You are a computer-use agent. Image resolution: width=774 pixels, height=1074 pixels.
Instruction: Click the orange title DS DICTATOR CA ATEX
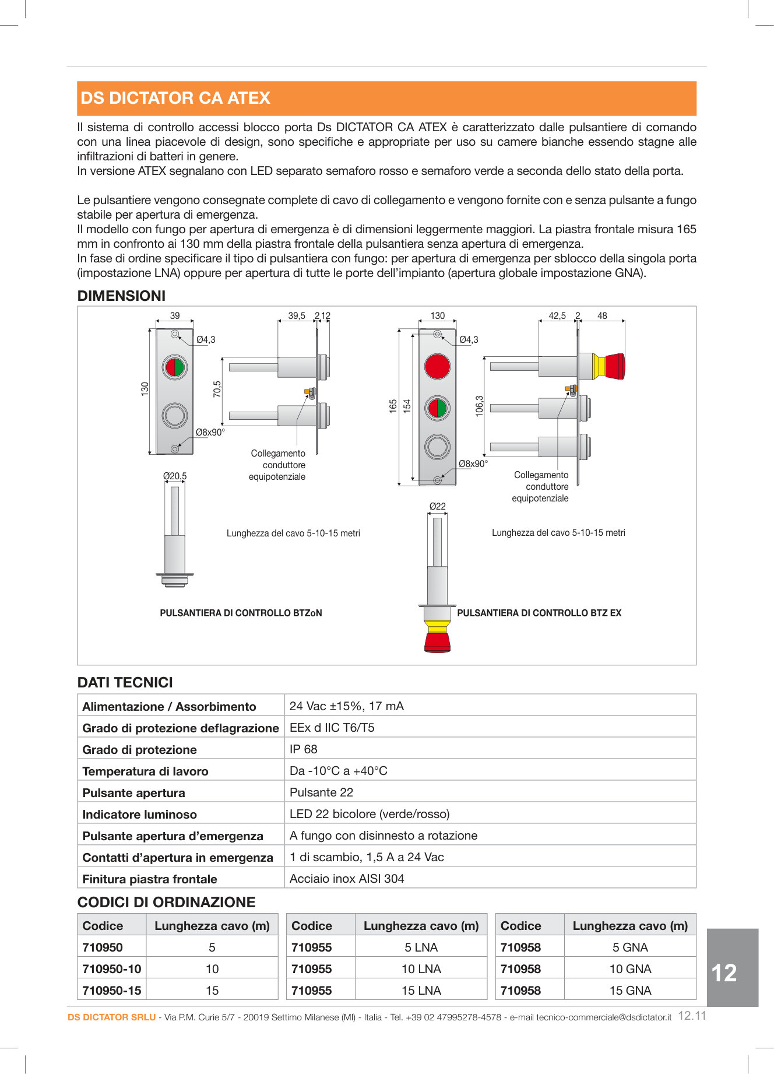tap(175, 98)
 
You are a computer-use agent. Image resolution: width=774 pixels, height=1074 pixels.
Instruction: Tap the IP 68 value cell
tap(304, 749)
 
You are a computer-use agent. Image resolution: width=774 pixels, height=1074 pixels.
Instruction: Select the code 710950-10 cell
tap(112, 969)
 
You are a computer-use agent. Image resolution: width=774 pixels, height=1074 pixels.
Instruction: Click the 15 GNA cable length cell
tap(630, 991)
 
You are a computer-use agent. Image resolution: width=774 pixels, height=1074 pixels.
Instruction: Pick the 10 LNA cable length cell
tap(421, 969)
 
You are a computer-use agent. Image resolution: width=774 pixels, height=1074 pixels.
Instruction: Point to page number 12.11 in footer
tap(692, 1016)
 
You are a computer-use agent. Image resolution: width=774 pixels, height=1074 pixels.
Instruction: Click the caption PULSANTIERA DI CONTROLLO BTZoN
tap(241, 613)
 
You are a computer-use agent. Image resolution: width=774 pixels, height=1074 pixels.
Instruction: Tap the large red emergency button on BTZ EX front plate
tap(437, 366)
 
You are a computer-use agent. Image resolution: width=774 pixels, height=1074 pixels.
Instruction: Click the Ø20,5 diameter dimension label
tap(175, 476)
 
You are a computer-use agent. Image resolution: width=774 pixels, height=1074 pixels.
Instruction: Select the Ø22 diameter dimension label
tap(437, 507)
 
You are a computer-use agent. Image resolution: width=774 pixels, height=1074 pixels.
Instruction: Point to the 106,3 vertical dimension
tap(479, 406)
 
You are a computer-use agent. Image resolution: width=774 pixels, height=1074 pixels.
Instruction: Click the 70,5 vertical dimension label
tap(217, 389)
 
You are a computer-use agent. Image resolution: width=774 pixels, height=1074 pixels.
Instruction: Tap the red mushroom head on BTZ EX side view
tap(614, 366)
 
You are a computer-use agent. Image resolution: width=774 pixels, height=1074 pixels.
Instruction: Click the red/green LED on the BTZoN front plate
tap(175, 367)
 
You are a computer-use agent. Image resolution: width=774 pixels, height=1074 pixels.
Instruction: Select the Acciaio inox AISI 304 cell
tap(347, 879)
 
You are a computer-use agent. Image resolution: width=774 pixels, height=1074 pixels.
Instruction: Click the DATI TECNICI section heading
tap(125, 683)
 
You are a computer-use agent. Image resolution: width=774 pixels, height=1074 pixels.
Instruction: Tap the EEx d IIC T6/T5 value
tap(332, 728)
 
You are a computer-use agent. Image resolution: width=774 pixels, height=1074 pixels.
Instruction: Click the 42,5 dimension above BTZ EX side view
tap(557, 316)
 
